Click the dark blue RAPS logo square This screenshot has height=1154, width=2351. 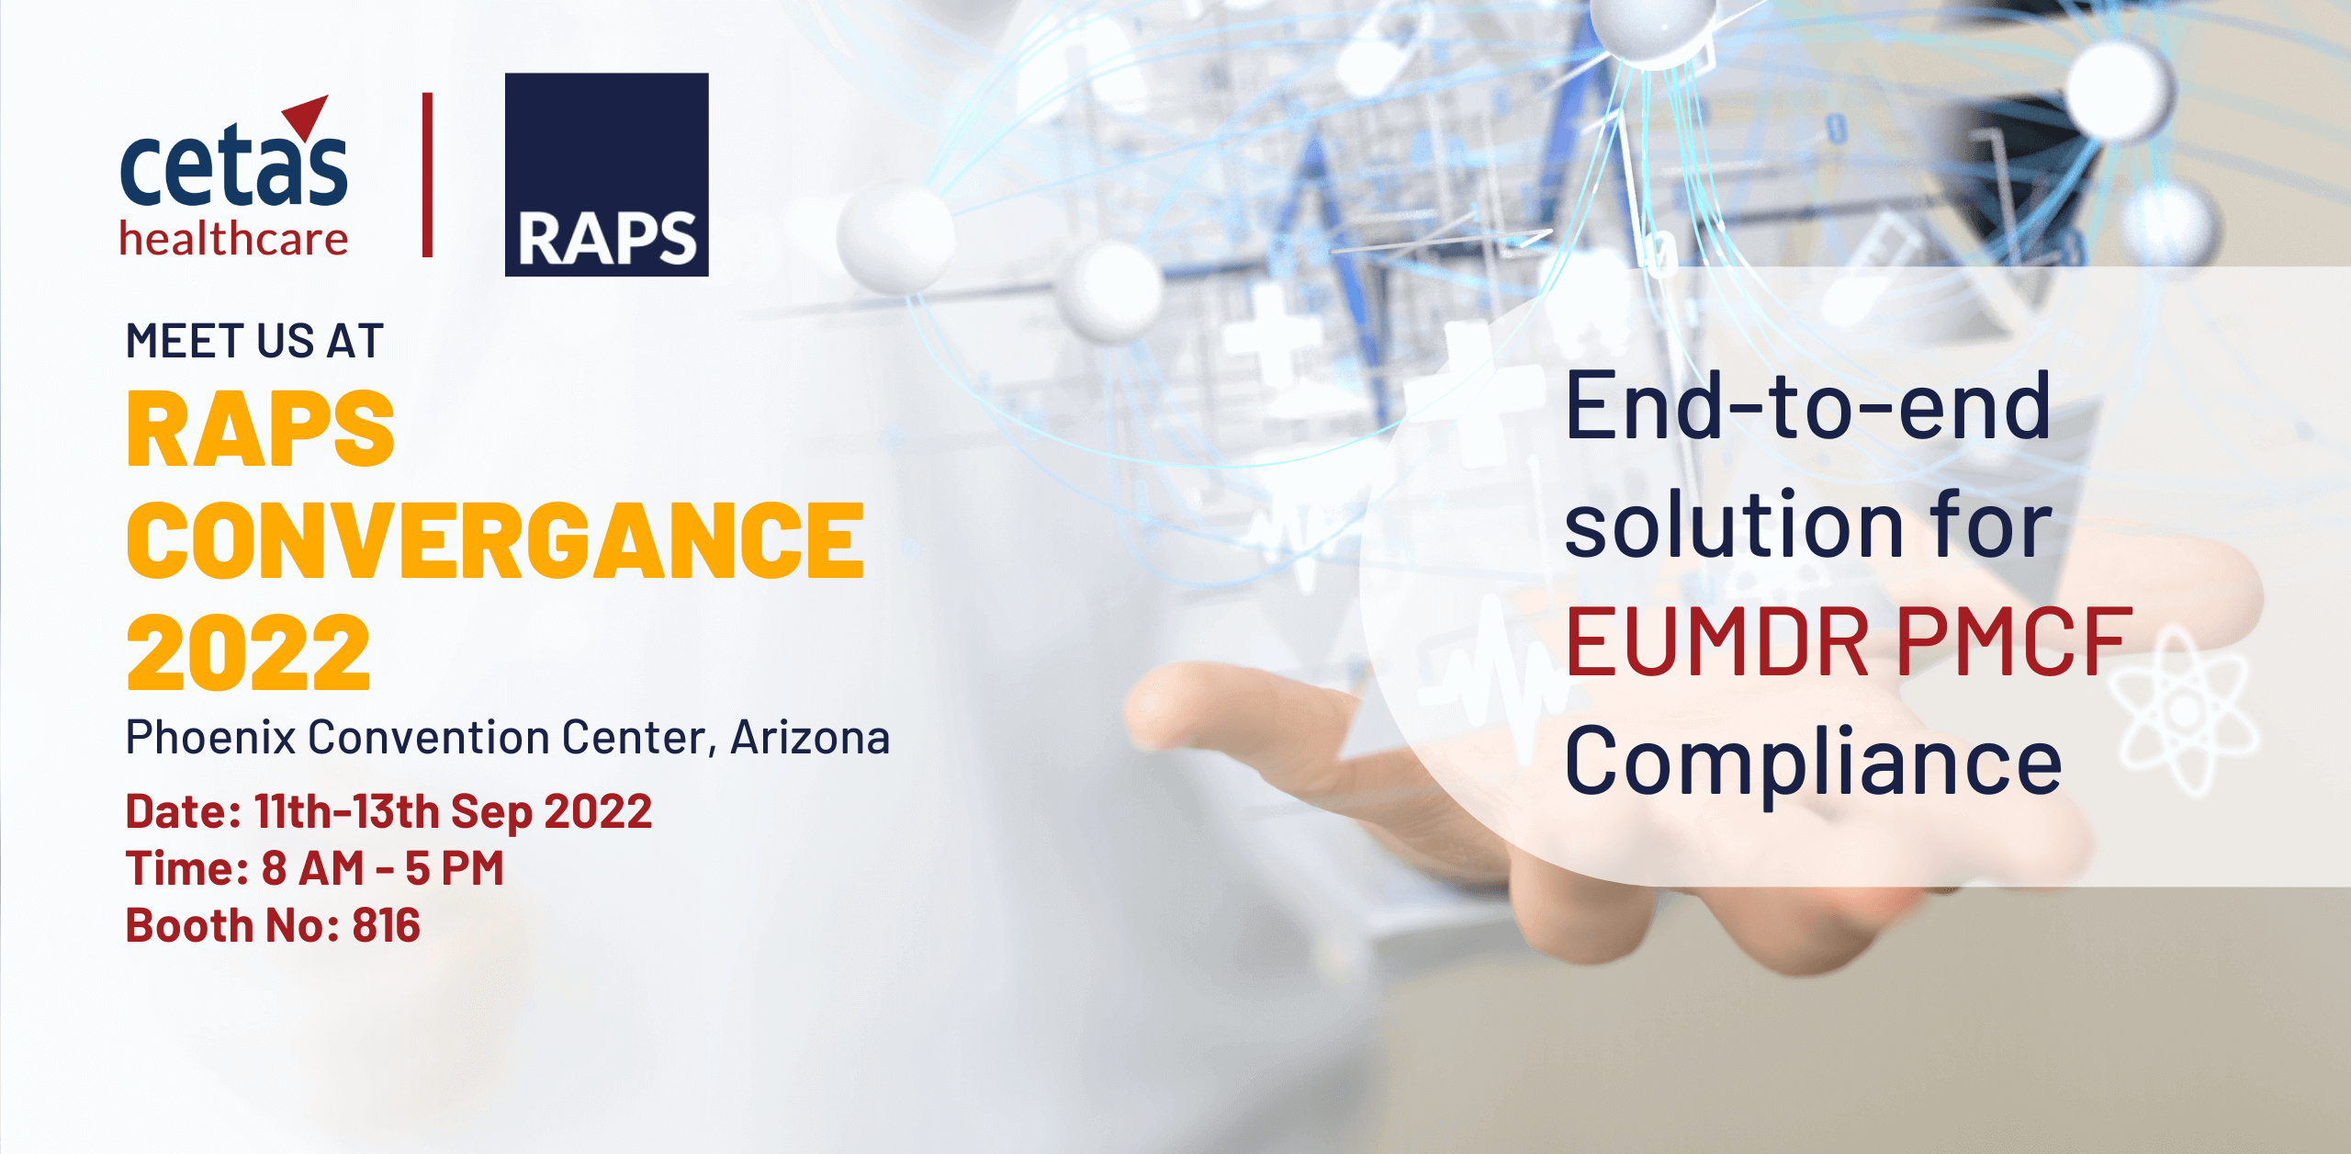pos(606,175)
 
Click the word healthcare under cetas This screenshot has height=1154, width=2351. pos(234,239)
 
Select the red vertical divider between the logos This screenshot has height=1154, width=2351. pos(427,175)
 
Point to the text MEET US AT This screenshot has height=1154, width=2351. pos(254,341)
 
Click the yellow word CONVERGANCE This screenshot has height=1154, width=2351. pos(496,541)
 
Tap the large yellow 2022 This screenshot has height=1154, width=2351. pos(249,653)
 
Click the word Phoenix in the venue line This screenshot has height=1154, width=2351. pos(210,737)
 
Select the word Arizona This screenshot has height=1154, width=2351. pos(810,737)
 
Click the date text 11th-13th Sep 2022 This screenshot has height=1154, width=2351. pos(454,812)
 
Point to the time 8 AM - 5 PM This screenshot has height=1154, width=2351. pos(383,868)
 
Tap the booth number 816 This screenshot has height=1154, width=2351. pos(387,925)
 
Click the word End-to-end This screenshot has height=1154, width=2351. pos(1807,406)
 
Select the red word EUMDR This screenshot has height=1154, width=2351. pos(1717,642)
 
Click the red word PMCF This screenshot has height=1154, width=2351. pos(2013,642)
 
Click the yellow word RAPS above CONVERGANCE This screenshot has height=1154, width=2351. pos(261,429)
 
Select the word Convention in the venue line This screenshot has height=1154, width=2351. pos(428,737)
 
